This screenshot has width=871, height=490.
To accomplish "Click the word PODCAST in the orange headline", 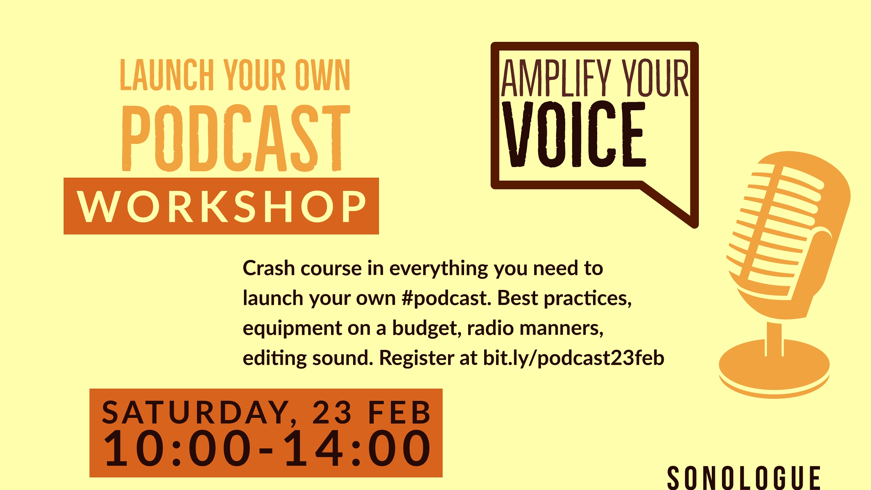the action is point(236,138).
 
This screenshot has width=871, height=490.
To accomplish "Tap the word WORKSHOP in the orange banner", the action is point(221,206).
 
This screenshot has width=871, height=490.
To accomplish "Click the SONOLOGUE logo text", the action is point(744,478).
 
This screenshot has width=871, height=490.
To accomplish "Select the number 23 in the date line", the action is point(332,412).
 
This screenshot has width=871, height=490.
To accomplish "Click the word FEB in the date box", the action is point(399,412).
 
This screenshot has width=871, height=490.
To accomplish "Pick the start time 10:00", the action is point(177,448).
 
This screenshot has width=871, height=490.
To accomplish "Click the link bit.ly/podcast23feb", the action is point(574,358).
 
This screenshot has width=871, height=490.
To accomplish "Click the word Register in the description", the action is point(416,358).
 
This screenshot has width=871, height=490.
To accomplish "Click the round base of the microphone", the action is point(774,369).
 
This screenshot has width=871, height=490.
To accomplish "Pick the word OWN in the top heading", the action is point(323,75).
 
